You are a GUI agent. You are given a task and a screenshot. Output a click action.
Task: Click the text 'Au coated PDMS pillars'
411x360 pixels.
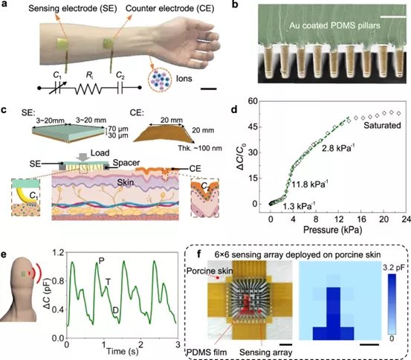click(334, 25)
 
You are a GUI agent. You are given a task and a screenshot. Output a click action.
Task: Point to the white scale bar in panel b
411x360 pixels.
click(392, 16)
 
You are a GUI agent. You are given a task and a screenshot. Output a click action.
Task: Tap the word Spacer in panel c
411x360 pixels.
click(126, 163)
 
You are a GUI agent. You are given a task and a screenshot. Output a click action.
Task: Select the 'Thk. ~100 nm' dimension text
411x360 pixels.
click(200, 148)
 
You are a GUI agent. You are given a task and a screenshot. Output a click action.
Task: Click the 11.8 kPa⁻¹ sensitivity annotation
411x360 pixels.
click(309, 184)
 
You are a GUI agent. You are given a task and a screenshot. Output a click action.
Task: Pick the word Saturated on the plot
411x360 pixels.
click(382, 126)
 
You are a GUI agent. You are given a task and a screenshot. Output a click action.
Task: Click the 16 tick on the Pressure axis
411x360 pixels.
click(361, 219)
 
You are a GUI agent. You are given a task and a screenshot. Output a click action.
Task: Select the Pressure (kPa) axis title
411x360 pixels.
click(332, 230)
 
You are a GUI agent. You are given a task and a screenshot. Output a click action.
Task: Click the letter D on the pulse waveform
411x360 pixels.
click(116, 311)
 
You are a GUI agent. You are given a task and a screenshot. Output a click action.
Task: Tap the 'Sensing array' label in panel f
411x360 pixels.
click(266, 353)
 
